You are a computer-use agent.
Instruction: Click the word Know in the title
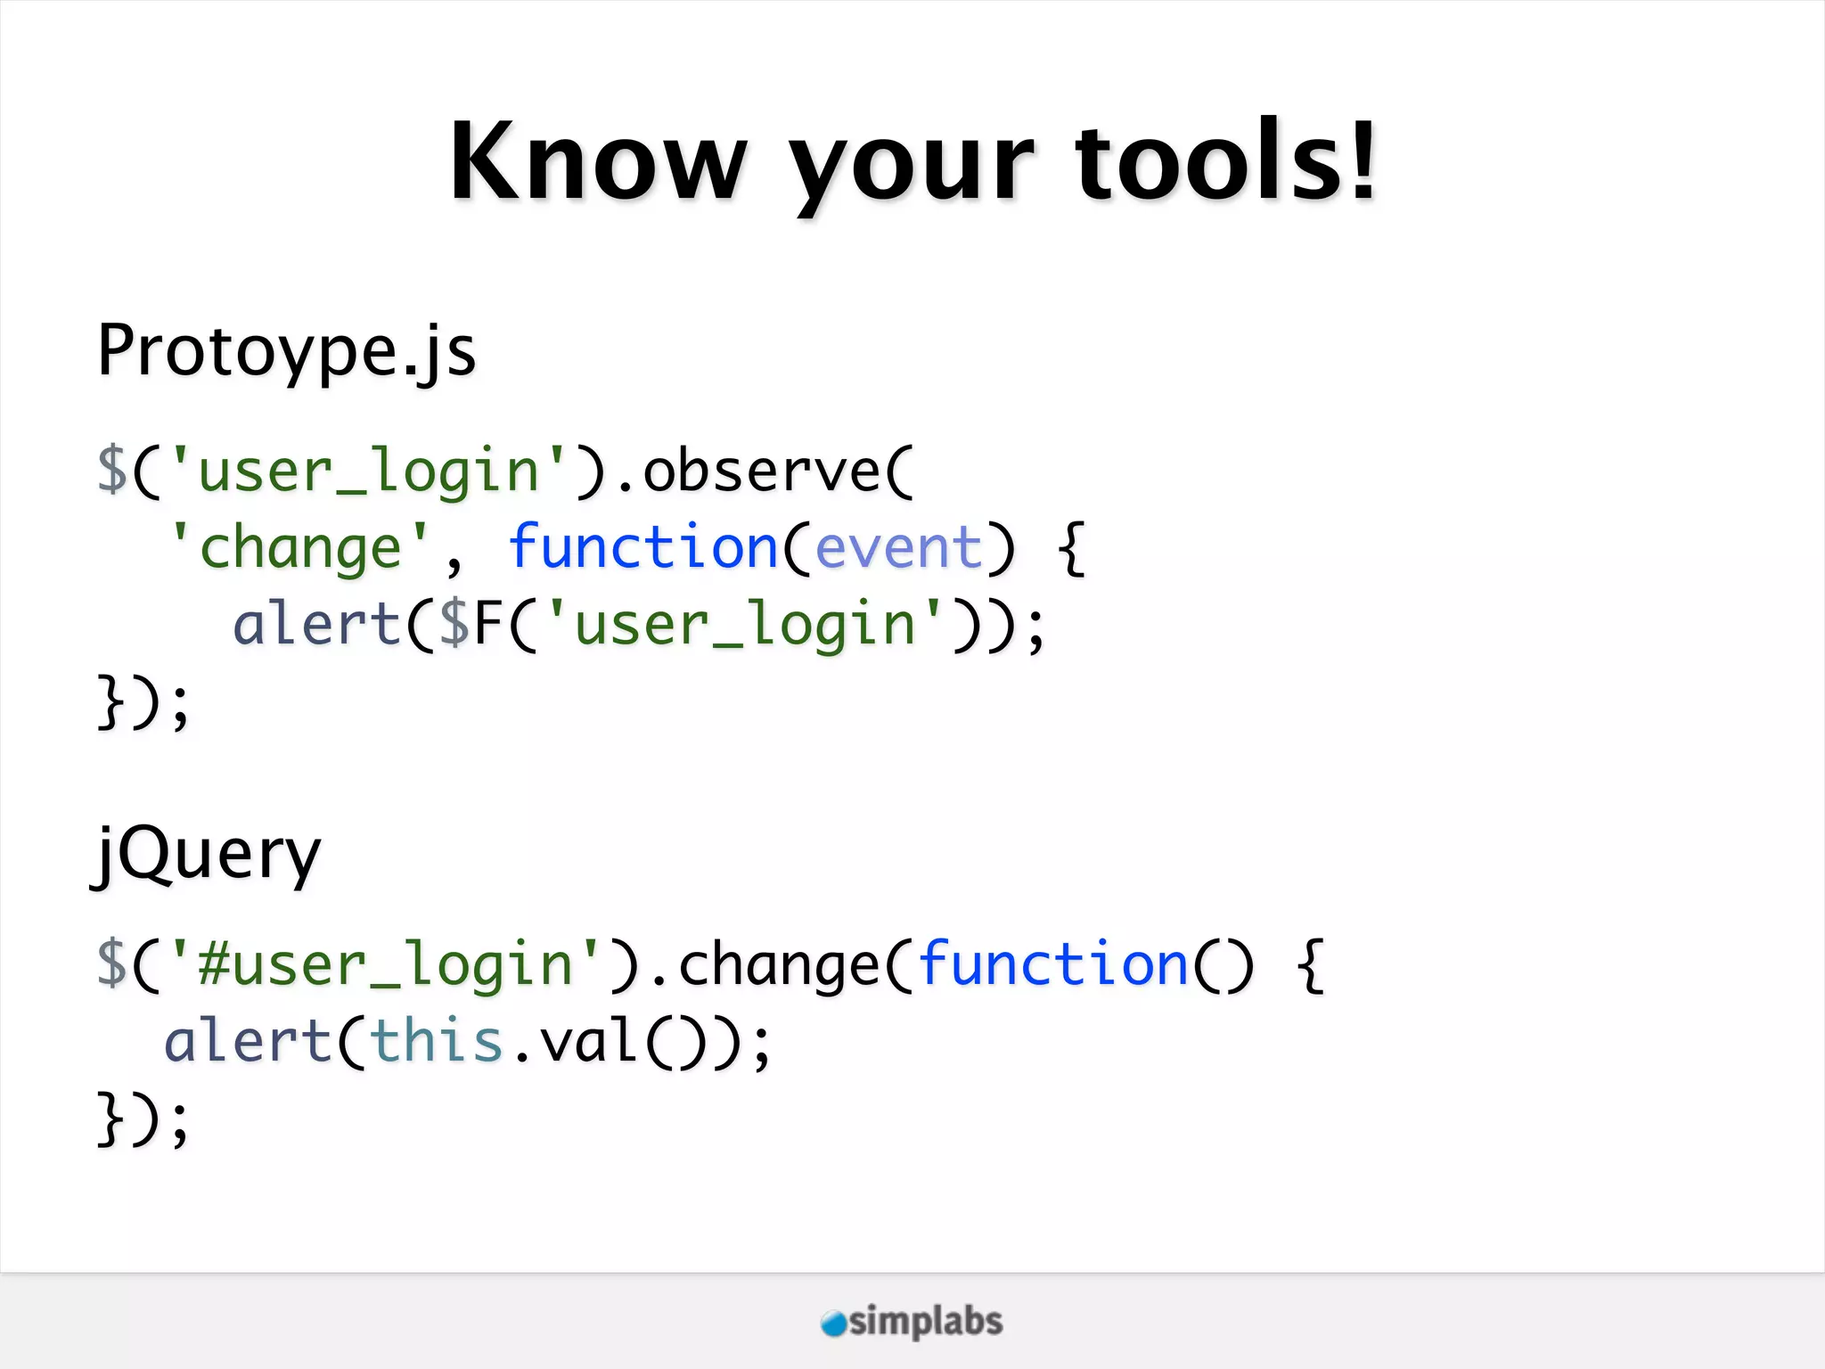pos(597,162)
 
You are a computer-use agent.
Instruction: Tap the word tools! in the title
pos(1226,162)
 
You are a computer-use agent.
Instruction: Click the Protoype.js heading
pos(287,351)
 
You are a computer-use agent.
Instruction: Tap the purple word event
pos(898,547)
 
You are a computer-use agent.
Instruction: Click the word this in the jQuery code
pos(437,1041)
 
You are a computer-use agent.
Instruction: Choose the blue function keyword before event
pos(643,547)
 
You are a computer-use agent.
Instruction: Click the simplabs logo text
pos(925,1321)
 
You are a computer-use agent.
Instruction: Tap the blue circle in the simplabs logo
pos(833,1324)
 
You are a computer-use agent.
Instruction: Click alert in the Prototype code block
pos(316,624)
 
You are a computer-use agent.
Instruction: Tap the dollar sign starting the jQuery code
pos(112,964)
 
